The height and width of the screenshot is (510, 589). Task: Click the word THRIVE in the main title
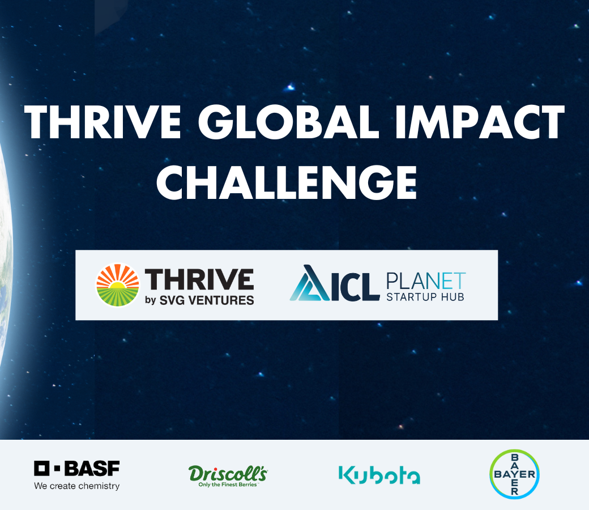[103, 122]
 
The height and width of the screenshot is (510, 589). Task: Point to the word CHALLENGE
[287, 182]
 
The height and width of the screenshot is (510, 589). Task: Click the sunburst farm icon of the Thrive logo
[118, 285]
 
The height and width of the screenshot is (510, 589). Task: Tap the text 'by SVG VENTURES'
[199, 300]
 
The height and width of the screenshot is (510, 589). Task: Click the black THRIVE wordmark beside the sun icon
[199, 279]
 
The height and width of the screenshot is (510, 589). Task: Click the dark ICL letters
[355, 287]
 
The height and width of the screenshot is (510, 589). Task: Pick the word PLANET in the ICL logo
[426, 281]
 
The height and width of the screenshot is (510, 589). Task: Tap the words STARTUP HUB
[425, 297]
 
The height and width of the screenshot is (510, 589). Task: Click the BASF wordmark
[92, 468]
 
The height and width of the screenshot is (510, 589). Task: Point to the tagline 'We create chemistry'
[76, 486]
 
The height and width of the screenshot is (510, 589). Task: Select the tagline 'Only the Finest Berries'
[228, 485]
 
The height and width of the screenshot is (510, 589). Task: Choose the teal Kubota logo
[379, 475]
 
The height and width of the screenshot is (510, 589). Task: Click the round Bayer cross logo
[515, 474]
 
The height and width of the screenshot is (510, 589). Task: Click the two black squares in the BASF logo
[47, 468]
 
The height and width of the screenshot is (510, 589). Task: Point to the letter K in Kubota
[347, 475]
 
